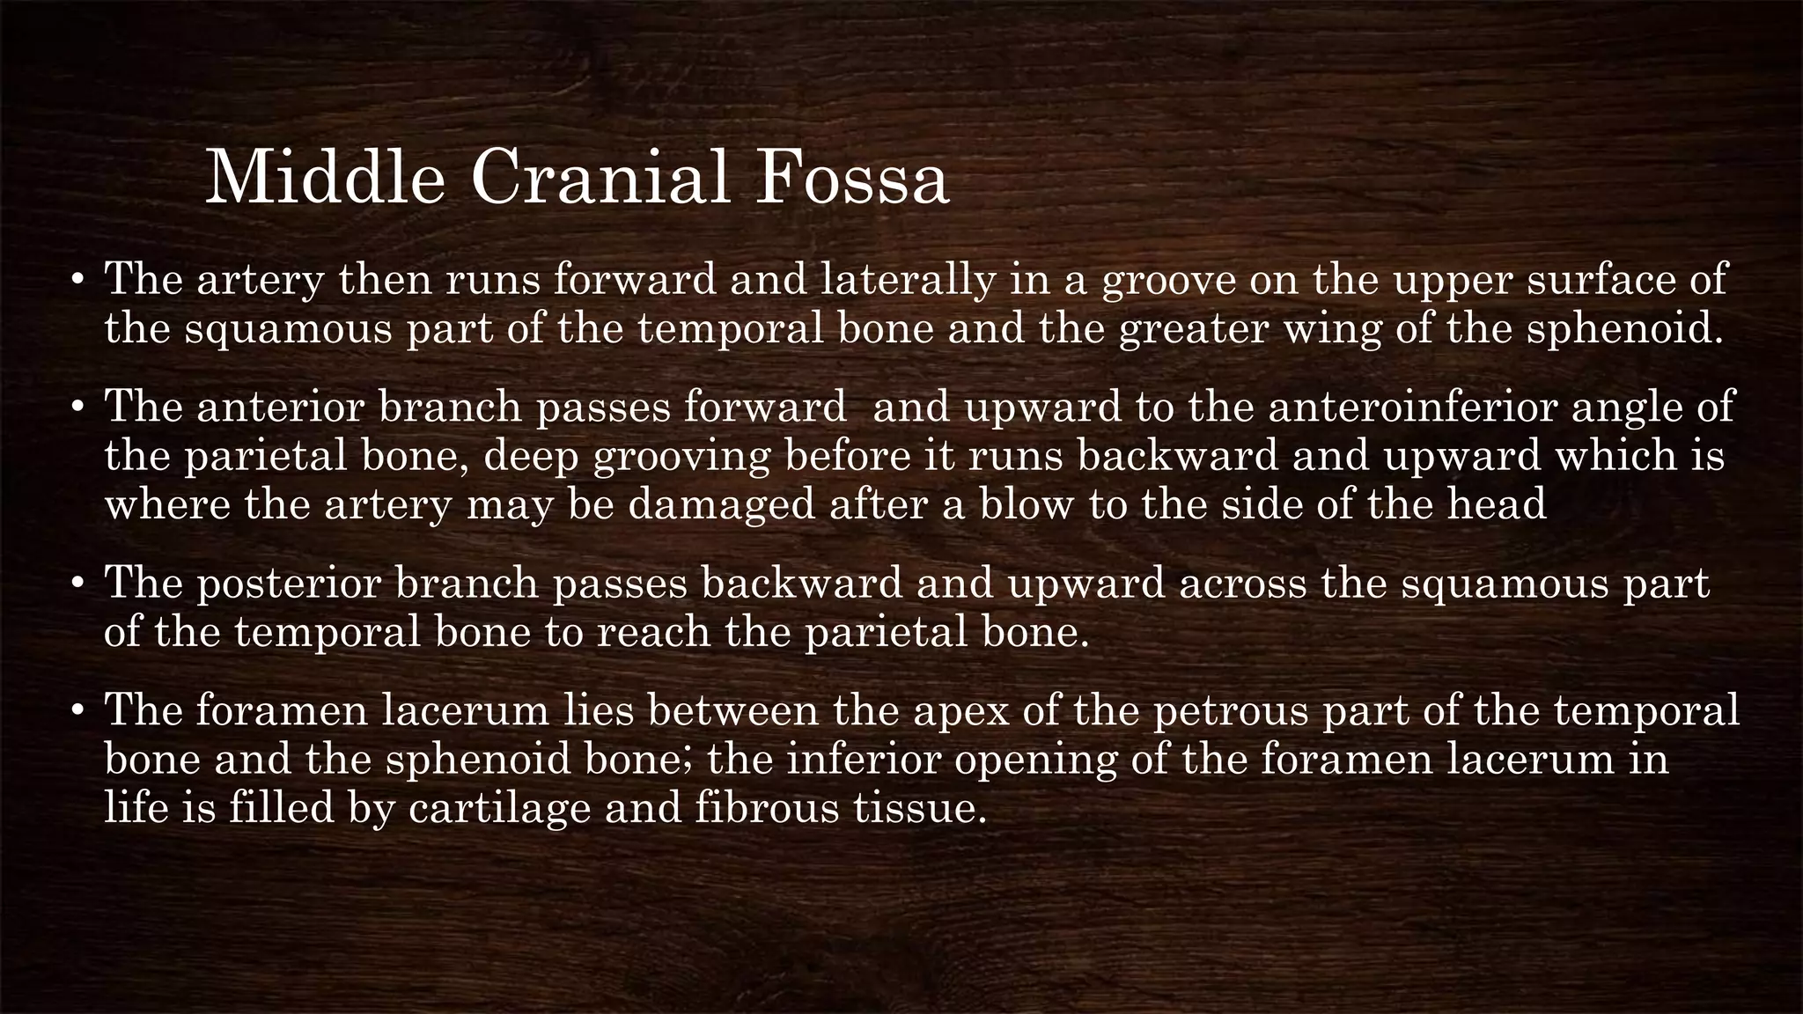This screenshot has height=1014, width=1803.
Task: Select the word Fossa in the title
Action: coord(851,179)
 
